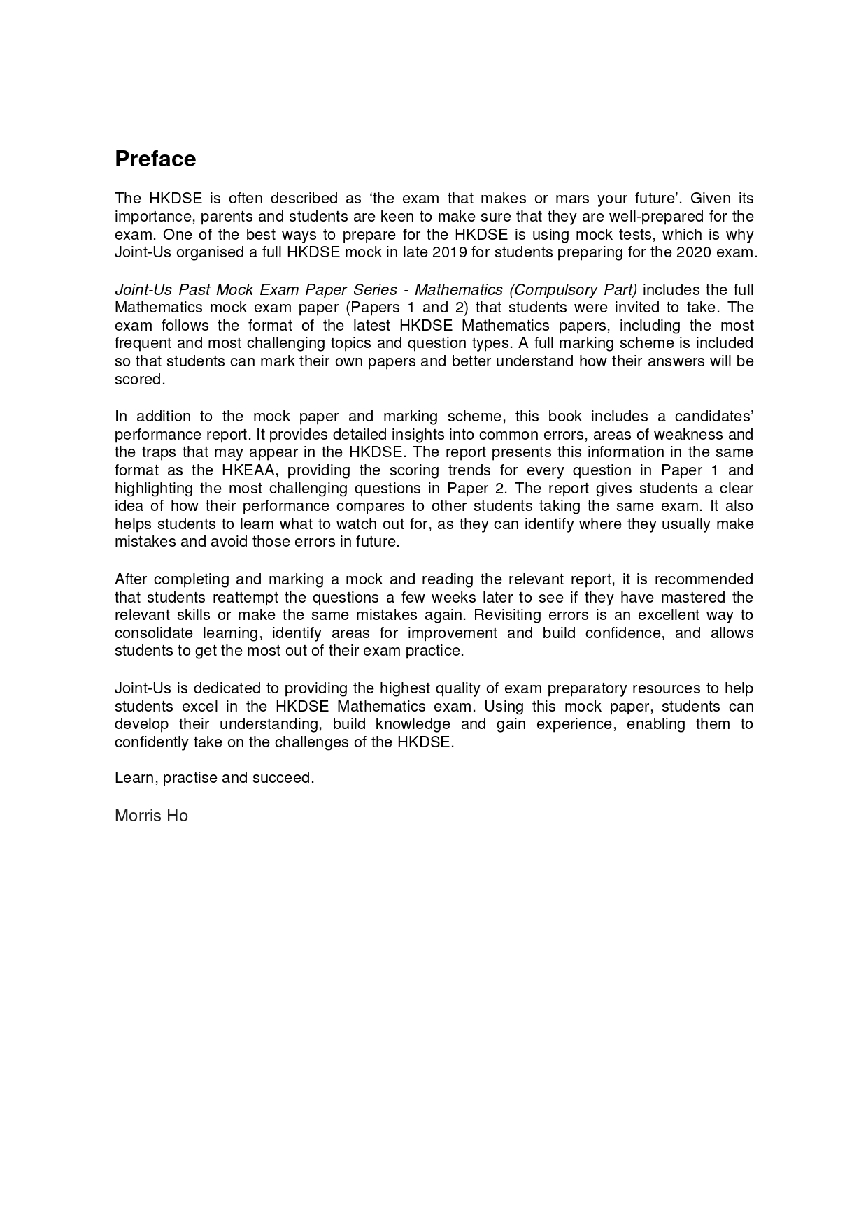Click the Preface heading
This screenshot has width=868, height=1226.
coord(155,159)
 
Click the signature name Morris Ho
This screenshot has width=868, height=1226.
coord(151,816)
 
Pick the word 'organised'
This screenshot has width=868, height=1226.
coord(208,252)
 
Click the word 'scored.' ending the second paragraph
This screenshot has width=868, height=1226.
coord(140,380)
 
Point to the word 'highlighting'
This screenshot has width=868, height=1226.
coord(153,489)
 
